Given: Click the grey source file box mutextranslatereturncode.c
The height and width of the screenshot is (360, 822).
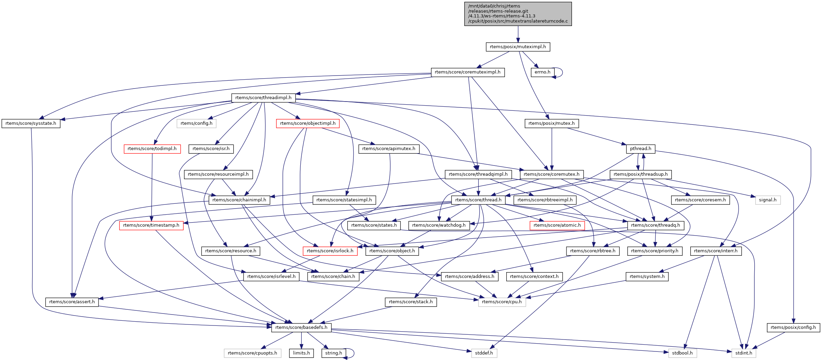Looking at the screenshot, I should tap(518, 14).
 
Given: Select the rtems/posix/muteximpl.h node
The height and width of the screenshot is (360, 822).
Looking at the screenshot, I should tap(518, 47).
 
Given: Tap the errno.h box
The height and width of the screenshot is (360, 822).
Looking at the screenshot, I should tap(543, 72).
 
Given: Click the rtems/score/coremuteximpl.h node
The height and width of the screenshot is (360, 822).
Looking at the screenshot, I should tap(468, 72).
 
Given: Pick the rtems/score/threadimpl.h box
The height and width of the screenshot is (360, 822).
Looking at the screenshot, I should tap(263, 98).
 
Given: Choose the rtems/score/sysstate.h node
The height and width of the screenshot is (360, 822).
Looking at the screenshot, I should tap(31, 123).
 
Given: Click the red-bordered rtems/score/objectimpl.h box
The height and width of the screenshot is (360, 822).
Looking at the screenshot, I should tap(308, 123).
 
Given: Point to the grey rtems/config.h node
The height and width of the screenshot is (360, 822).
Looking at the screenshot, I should tap(196, 123).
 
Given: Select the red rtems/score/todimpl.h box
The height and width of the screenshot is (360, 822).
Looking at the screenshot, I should tap(152, 149).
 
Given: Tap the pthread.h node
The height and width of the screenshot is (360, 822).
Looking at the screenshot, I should tap(641, 149).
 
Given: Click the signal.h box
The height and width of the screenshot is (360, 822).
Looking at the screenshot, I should tap(768, 200).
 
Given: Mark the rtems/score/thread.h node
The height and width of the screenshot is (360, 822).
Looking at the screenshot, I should tap(478, 200).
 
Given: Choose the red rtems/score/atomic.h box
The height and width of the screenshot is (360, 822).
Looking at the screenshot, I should tap(557, 225).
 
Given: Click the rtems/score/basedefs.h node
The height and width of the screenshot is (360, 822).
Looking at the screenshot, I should tap(301, 328).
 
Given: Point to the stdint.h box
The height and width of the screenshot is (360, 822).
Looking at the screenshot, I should tap(744, 353).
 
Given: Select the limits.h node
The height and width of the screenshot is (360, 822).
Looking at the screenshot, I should tap(301, 353).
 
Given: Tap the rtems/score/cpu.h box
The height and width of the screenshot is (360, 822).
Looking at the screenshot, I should tap(502, 302).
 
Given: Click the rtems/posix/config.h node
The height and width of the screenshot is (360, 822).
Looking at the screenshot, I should tap(793, 328).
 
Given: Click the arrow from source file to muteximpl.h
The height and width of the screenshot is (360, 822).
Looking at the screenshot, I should tap(518, 34).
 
